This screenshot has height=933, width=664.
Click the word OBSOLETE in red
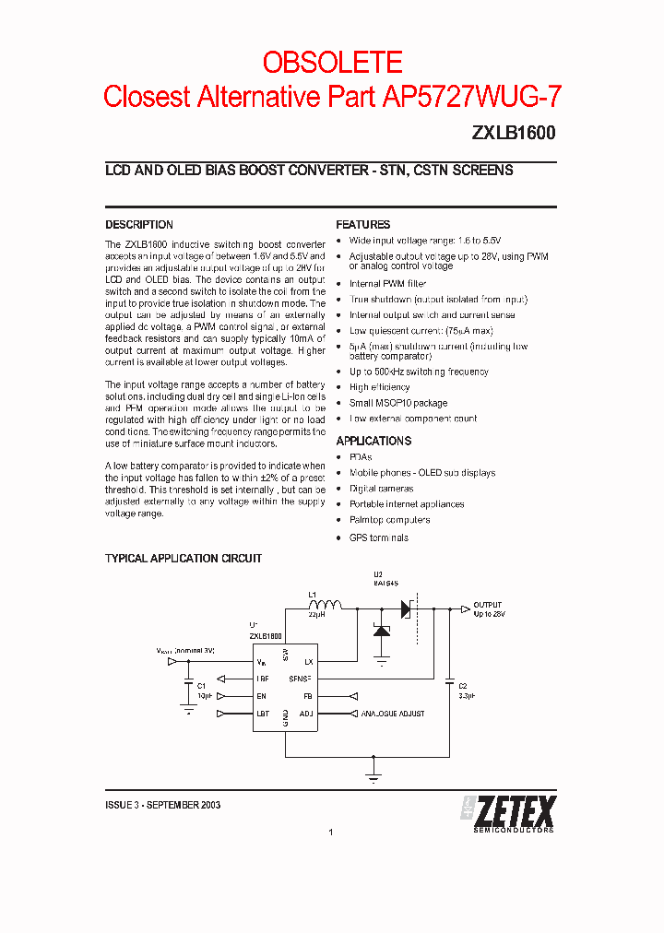332,62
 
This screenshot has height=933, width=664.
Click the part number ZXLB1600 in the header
514,133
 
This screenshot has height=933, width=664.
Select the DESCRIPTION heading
139,225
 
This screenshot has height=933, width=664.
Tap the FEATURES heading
362,225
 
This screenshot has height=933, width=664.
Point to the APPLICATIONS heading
373,442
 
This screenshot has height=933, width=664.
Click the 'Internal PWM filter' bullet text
387,284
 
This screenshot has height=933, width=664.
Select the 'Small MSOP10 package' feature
397,403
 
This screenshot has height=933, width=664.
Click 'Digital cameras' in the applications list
381,489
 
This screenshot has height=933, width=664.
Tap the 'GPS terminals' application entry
378,537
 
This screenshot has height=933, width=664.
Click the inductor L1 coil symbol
324,606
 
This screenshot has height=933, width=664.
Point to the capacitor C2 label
463,687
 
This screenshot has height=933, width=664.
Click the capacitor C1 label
202,687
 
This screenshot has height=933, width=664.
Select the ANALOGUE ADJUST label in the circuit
393,714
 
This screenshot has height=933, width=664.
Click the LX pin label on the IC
308,661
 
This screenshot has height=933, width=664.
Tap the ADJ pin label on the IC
306,714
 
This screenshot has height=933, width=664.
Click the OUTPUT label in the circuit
488,605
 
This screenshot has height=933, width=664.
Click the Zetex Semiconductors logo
508,812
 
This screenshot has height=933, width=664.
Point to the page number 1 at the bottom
330,832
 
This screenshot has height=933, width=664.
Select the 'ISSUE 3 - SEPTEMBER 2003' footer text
162,805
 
